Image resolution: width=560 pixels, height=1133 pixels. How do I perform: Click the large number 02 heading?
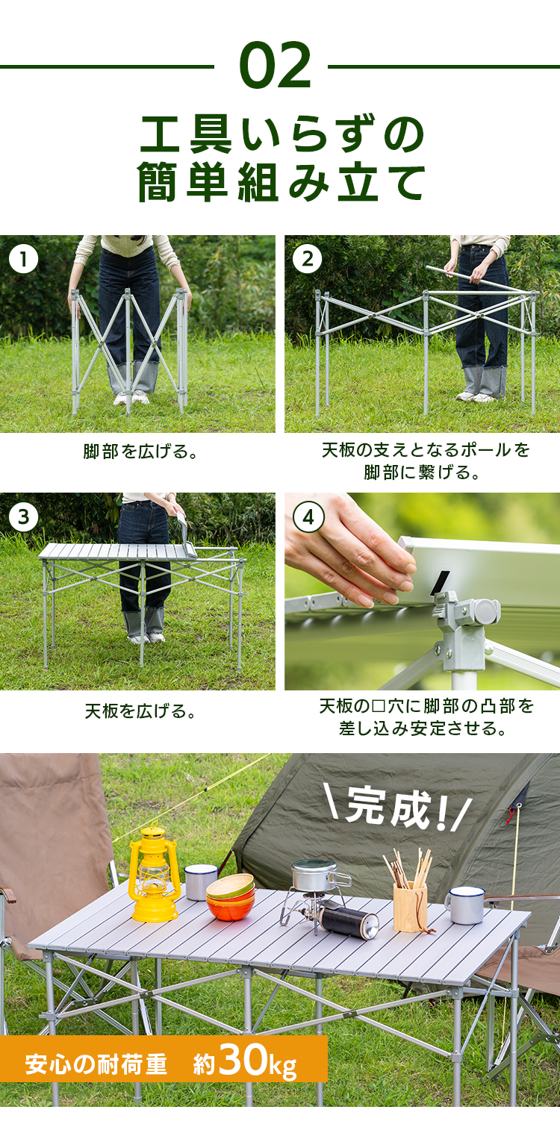(x=276, y=65)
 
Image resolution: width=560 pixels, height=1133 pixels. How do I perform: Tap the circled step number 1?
(x=23, y=259)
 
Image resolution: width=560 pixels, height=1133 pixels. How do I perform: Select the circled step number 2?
(x=308, y=259)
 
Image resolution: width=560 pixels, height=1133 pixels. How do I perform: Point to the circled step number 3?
(x=23, y=517)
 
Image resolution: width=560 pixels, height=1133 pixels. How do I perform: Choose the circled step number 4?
(x=308, y=517)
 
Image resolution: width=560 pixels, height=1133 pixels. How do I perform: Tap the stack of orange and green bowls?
(x=230, y=897)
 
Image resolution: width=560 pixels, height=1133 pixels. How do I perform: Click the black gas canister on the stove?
(x=350, y=922)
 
